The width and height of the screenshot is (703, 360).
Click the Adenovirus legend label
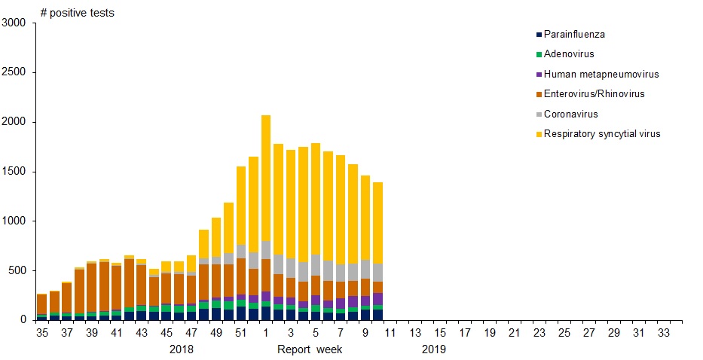[x=569, y=54]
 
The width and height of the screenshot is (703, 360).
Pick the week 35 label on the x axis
[x=42, y=332]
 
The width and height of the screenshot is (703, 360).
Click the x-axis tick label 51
[x=240, y=332]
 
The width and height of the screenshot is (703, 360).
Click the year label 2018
[x=182, y=349]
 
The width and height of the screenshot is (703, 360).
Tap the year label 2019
[x=433, y=349]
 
